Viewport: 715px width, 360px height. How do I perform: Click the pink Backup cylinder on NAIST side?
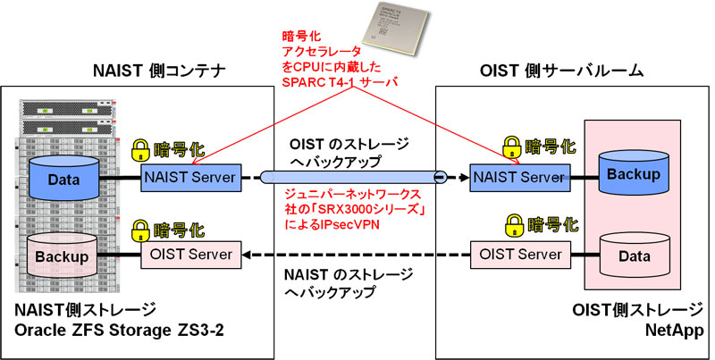pos(63,257)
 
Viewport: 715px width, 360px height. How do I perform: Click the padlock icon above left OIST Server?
pos(140,228)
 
